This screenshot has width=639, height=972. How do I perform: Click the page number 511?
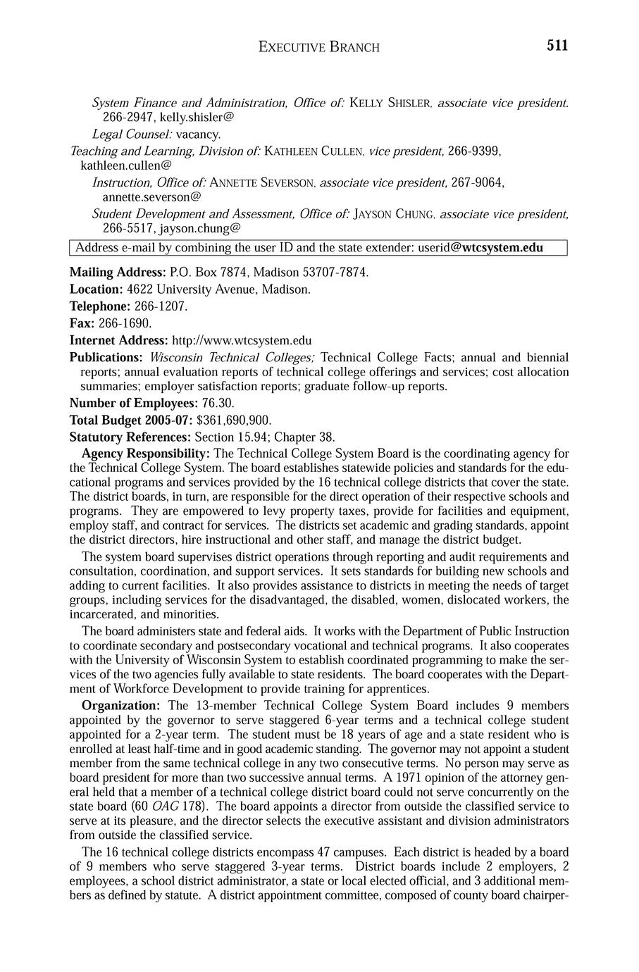(557, 46)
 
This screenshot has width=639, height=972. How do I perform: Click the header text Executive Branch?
(319, 47)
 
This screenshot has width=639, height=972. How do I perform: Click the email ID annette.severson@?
(151, 197)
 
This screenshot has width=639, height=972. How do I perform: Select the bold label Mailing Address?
(117, 272)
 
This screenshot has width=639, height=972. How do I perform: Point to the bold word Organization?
(121, 706)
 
